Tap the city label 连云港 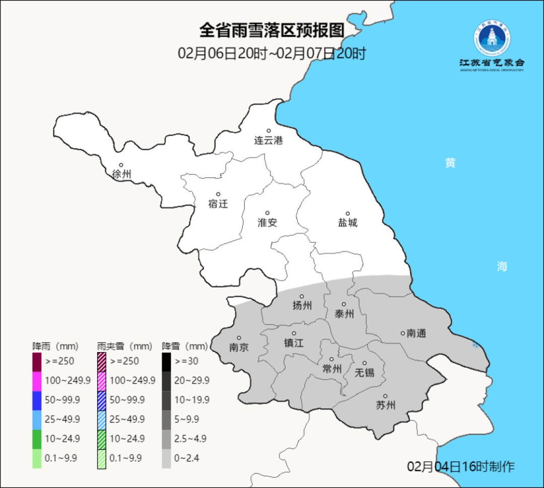tap(268, 141)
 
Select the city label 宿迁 tap(218, 203)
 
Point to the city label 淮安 tap(267, 223)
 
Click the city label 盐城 tap(348, 223)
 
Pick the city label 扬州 tap(302, 306)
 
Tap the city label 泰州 tap(344, 314)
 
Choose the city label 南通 tap(416, 333)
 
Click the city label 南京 tap(239, 347)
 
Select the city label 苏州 tap(386, 405)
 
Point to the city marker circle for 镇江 tap(294, 333)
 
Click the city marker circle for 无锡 tap(365, 363)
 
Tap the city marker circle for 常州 tap(331, 359)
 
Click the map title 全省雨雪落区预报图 tap(272, 31)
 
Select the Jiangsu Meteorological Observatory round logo tap(492, 38)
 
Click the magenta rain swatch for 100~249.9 tap(37, 380)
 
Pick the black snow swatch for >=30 tap(166, 361)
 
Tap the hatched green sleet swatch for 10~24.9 tap(101, 438)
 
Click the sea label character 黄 tap(450, 163)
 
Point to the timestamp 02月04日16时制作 tap(460, 466)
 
